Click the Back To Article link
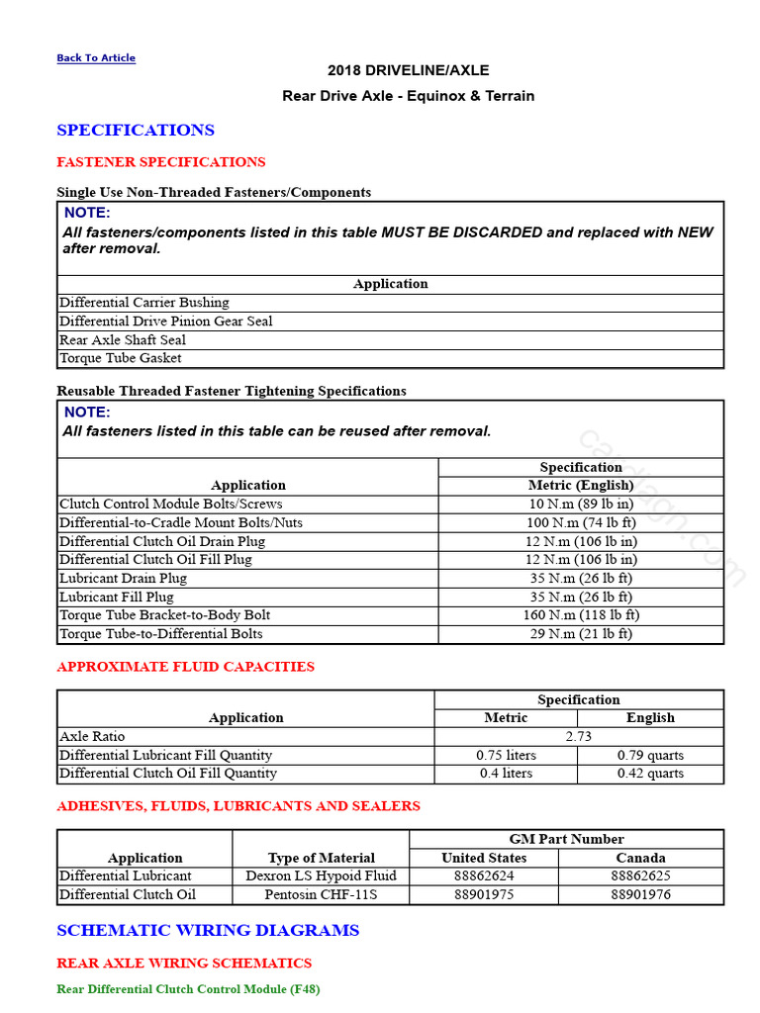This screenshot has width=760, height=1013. tap(96, 58)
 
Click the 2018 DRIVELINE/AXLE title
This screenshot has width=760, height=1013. tap(408, 70)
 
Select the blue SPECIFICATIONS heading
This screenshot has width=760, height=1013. tap(136, 131)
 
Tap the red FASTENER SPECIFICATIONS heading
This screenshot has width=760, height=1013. tap(161, 162)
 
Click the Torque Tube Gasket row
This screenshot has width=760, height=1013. tap(121, 358)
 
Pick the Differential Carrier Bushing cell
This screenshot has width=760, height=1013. tap(143, 303)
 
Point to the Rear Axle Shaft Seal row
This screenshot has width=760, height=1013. tap(123, 339)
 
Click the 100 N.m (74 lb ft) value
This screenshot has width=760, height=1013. tap(581, 522)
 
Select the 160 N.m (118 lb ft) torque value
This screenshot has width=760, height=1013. tap(581, 614)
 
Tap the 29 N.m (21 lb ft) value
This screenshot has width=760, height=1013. tap(581, 633)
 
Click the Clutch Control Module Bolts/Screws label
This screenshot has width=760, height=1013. tap(170, 504)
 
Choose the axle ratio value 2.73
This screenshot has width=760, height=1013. tap(579, 736)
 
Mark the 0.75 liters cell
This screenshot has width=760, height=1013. tap(505, 755)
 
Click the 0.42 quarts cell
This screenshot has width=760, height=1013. tap(650, 773)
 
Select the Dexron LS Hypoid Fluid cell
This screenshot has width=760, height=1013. tap(321, 875)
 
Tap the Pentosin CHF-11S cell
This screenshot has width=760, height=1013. tap(321, 894)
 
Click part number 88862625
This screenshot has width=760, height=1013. tap(640, 875)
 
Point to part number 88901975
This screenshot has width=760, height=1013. tap(484, 894)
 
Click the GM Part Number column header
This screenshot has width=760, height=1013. tap(566, 839)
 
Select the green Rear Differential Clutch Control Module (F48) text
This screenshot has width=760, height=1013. tap(188, 988)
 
